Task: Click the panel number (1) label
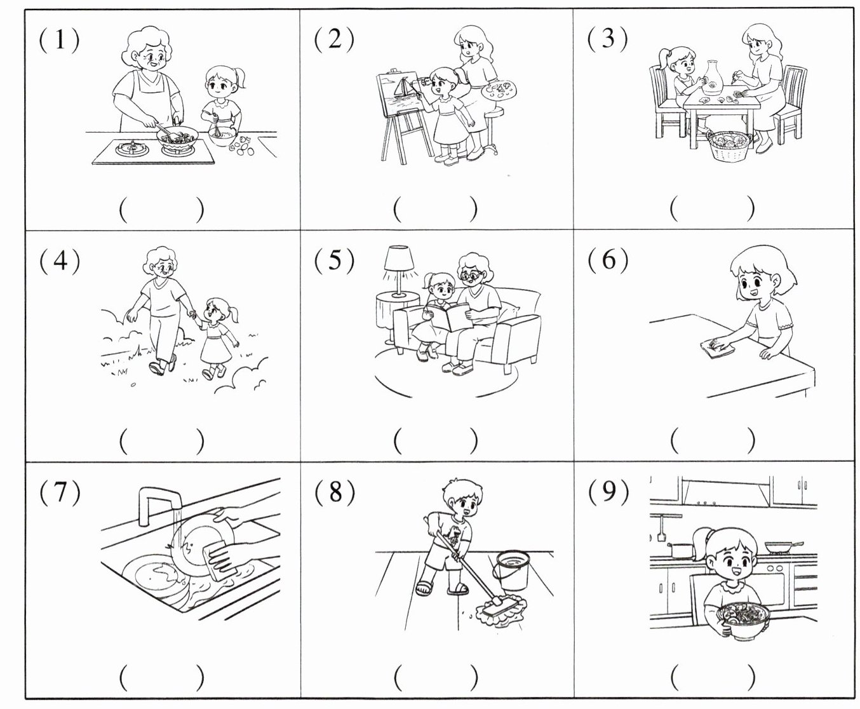tap(59, 40)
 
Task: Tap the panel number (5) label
tap(335, 260)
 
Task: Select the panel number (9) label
tap(608, 492)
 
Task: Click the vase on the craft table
tap(713, 78)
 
